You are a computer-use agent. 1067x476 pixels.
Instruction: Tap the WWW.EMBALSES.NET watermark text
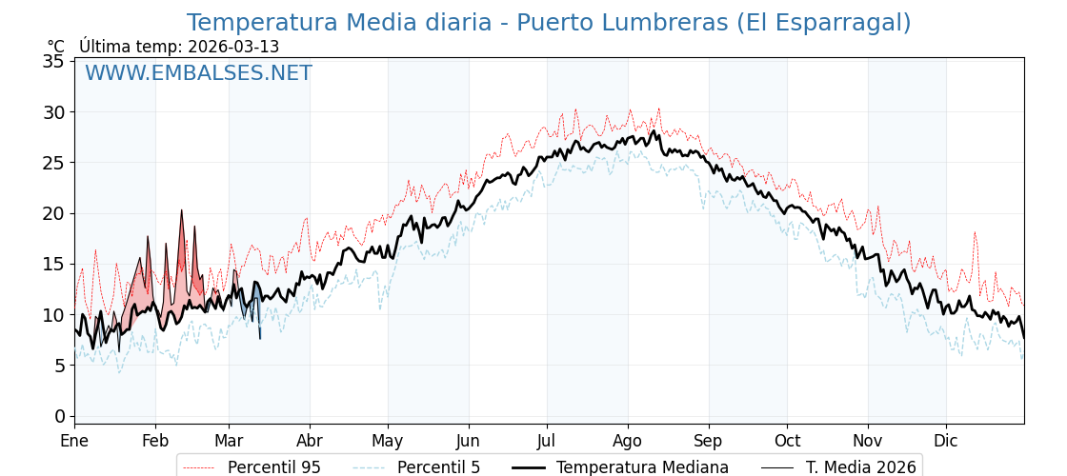(x=198, y=73)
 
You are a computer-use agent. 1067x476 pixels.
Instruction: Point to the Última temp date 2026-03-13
(x=233, y=47)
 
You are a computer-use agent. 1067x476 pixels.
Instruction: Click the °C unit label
(x=56, y=47)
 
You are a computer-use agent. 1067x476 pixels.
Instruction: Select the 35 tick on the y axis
(x=53, y=61)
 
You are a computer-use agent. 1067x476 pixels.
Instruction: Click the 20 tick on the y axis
(x=53, y=213)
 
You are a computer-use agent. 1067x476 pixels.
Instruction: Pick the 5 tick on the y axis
(x=58, y=366)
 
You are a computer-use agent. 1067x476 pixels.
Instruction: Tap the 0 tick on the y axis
(x=58, y=416)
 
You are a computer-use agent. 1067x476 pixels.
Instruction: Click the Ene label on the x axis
(x=74, y=442)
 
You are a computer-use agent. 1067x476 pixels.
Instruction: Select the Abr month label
(x=310, y=442)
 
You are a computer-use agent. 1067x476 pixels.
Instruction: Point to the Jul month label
(x=547, y=442)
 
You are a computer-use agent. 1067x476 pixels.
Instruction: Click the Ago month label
(x=628, y=442)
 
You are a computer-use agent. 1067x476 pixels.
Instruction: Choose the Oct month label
(x=787, y=442)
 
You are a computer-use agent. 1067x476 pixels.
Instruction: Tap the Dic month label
(x=946, y=442)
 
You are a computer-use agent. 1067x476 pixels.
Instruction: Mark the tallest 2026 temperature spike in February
(x=181, y=211)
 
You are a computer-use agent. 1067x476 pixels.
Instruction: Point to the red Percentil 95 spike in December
(x=975, y=233)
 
